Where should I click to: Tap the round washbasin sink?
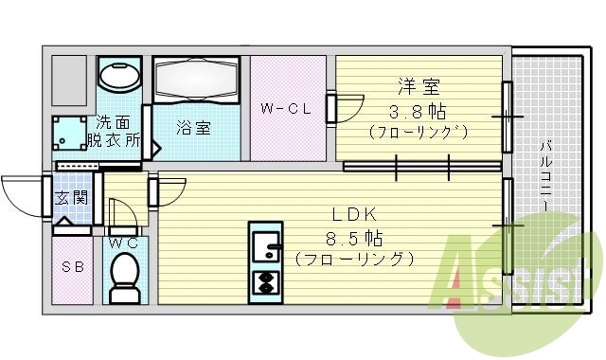(x=120, y=77)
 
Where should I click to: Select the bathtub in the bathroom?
(x=200, y=83)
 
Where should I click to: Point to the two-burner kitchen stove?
(x=265, y=281)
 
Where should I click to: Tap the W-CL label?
(x=286, y=109)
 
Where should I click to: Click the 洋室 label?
(x=418, y=87)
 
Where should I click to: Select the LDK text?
(x=355, y=215)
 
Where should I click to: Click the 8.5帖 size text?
(x=354, y=237)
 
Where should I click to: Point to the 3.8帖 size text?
(x=418, y=109)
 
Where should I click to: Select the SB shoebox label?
(x=73, y=267)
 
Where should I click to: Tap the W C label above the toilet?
(x=124, y=243)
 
